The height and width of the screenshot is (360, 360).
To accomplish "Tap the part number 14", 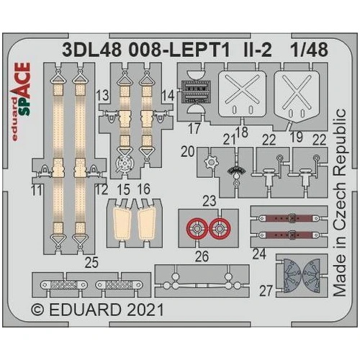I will point(168,95).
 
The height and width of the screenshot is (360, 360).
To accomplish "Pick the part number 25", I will point(90,263).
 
